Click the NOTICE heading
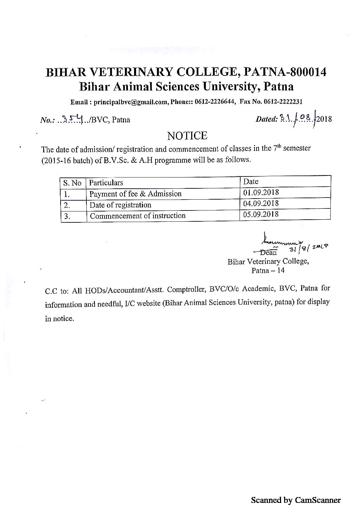[187, 136]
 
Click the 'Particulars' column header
[106, 183]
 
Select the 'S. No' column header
[72, 183]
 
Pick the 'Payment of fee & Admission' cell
[135, 194]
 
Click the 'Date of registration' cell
[120, 205]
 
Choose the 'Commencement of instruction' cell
[137, 216]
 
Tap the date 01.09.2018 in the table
[261, 192]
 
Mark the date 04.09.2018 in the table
[261, 203]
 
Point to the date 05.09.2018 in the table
[261, 214]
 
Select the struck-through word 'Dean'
[269, 252]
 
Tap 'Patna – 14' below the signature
[268, 271]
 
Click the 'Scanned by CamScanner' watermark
[295, 500]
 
